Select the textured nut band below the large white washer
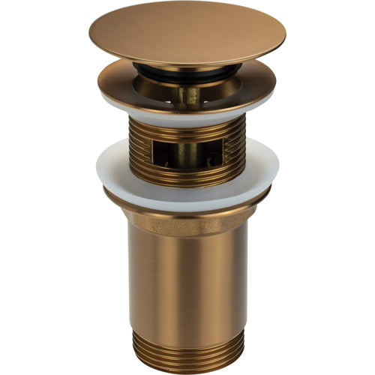tap(187, 219)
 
